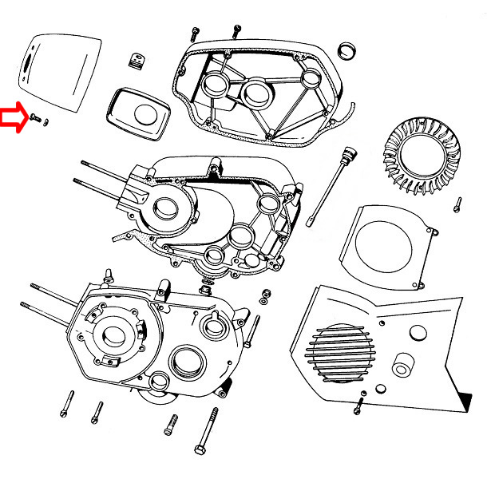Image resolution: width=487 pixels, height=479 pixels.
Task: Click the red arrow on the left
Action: click(x=12, y=117)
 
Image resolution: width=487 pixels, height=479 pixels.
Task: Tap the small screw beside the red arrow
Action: click(x=35, y=117)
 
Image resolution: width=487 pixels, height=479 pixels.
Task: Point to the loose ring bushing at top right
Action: click(x=349, y=49)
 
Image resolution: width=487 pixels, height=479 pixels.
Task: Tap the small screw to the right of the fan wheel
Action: click(x=457, y=204)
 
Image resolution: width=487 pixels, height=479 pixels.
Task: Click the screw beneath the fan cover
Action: click(x=358, y=406)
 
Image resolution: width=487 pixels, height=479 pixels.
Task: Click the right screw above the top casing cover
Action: click(x=236, y=30)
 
